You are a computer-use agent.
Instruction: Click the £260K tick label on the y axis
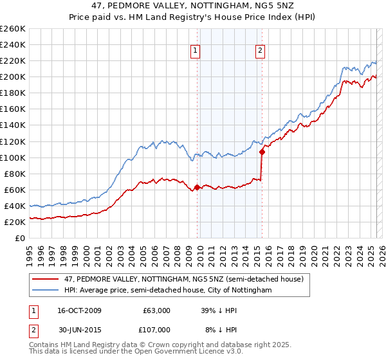[13, 29]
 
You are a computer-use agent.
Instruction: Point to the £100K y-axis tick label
[13, 157]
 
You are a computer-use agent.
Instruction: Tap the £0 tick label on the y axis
[21, 238]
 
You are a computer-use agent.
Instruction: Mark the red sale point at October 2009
[197, 187]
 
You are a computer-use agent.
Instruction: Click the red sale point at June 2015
[262, 152]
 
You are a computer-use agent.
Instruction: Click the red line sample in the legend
[46, 279]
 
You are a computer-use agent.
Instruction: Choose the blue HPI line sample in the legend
[46, 290]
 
